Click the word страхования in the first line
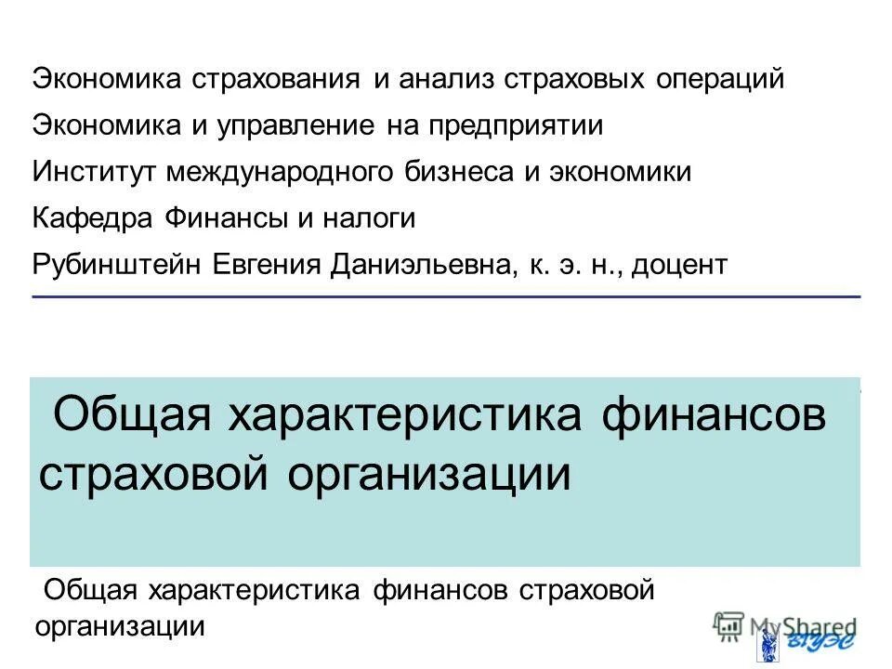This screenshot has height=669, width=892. [x=277, y=79]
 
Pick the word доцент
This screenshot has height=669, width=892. [x=680, y=265]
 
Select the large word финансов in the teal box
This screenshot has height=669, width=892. [x=714, y=415]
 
